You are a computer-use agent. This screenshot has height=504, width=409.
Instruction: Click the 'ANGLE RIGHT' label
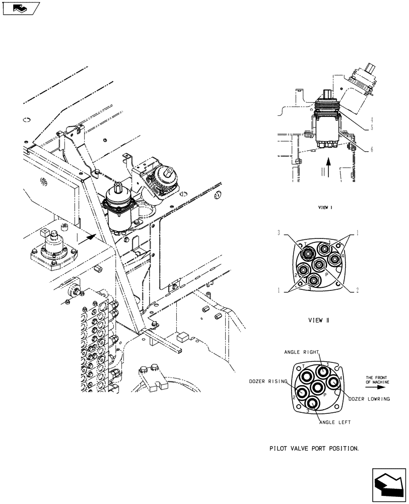(x=302, y=352)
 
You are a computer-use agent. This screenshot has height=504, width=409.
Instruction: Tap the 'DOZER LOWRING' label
(x=369, y=399)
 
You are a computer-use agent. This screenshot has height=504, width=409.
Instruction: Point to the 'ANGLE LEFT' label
(x=335, y=422)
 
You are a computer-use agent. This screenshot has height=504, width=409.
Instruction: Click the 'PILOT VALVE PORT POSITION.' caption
(x=314, y=448)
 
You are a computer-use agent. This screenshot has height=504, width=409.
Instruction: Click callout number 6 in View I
(x=371, y=149)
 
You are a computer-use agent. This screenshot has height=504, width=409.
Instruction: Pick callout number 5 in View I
(x=371, y=128)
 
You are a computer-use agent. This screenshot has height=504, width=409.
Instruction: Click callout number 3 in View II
(x=278, y=233)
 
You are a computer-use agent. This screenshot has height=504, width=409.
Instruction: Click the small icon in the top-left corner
(x=20, y=8)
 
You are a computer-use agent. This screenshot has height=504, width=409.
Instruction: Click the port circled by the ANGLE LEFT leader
(x=312, y=403)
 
